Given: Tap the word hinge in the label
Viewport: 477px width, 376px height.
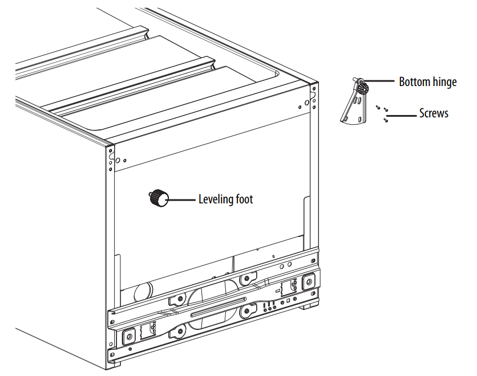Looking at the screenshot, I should pos(444,82).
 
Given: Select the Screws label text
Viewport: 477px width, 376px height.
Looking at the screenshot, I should pos(434,113).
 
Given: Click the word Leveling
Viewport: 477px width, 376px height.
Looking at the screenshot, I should pos(215,199).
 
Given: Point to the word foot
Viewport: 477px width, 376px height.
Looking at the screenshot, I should pos(243,199).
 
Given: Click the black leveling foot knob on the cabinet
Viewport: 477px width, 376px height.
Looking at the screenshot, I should pos(159,198).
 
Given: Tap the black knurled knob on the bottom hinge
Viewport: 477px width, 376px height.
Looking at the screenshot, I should pos(362,88).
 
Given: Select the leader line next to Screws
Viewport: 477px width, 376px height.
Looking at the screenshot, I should pos(402,116).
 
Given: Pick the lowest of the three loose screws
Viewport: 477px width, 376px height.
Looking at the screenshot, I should pos(386,120).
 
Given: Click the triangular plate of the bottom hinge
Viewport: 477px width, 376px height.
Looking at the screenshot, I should pos(353,108).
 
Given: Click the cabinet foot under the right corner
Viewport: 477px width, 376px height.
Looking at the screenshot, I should pos(310,306).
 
